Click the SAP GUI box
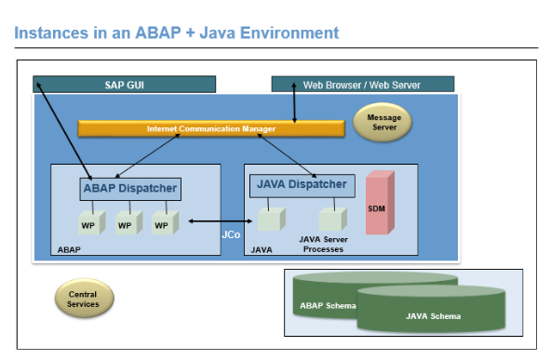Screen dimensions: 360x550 tap(124, 85)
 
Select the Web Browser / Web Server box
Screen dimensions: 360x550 tap(361, 85)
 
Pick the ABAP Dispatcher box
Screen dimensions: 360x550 tap(129, 189)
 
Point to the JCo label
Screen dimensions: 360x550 tap(231, 235)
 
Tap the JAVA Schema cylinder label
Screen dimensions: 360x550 tap(433, 315)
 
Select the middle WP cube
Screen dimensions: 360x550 tap(126, 224)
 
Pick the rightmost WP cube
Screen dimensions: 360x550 tap(162, 224)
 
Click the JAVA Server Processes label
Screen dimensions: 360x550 tap(322, 244)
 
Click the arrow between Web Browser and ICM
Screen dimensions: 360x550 tap(294, 107)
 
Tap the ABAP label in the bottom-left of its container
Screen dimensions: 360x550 tap(70, 249)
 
